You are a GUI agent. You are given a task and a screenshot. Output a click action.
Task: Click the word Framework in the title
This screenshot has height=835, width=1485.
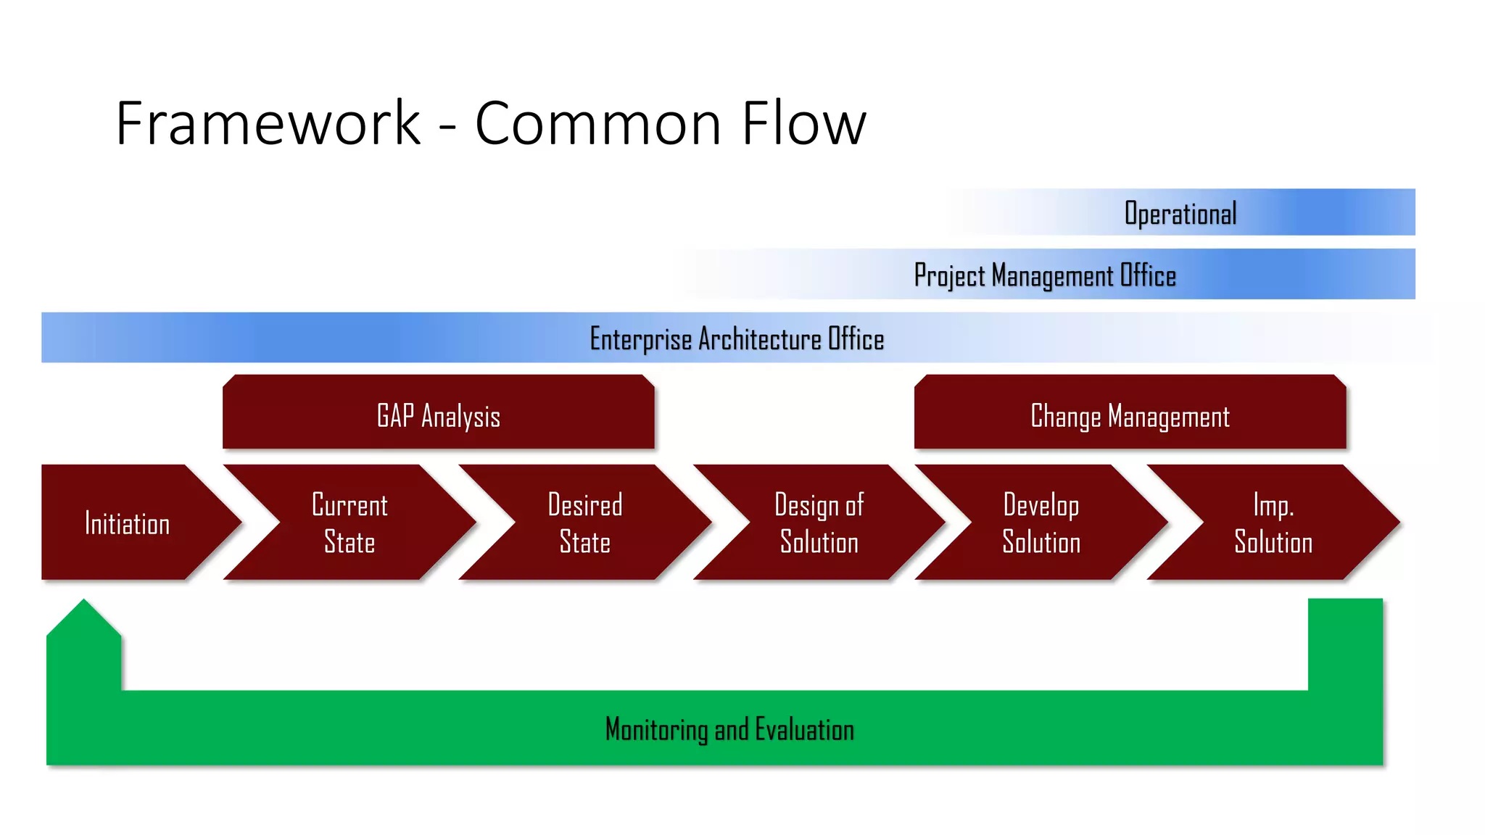click(x=268, y=123)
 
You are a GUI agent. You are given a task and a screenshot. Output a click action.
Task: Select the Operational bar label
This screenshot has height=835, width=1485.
click(x=1180, y=213)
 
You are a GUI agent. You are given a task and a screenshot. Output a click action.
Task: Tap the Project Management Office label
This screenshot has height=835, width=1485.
click(x=1044, y=275)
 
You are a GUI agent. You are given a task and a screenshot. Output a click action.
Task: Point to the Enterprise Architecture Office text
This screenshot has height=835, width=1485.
click(x=737, y=339)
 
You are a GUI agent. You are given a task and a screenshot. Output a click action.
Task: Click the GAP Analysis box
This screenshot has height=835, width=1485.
click(x=438, y=415)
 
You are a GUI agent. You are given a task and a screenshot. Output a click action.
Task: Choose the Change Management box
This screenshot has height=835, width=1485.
click(x=1130, y=415)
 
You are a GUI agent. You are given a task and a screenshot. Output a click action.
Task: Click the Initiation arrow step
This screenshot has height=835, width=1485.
click(x=128, y=523)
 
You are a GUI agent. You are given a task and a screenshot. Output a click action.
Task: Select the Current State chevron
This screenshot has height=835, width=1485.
click(x=349, y=523)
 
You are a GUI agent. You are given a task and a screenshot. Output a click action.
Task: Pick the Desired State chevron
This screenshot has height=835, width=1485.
click(x=584, y=523)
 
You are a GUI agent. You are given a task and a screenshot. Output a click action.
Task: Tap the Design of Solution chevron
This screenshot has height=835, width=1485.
click(x=819, y=523)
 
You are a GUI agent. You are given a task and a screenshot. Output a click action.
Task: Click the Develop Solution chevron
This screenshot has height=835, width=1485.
click(x=1041, y=523)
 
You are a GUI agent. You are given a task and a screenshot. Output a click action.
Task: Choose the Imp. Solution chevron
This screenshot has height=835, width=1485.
click(x=1273, y=523)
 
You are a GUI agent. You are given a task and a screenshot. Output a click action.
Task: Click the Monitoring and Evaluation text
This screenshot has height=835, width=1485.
click(x=729, y=729)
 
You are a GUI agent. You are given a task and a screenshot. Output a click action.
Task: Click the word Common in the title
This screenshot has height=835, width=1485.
click(x=597, y=123)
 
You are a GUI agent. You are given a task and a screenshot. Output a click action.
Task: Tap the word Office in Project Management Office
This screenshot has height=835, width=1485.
click(x=1148, y=275)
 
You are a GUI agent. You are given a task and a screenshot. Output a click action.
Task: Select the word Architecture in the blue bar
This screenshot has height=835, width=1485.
click(x=760, y=339)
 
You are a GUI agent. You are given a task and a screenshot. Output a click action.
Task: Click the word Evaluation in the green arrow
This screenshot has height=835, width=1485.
click(x=804, y=729)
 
